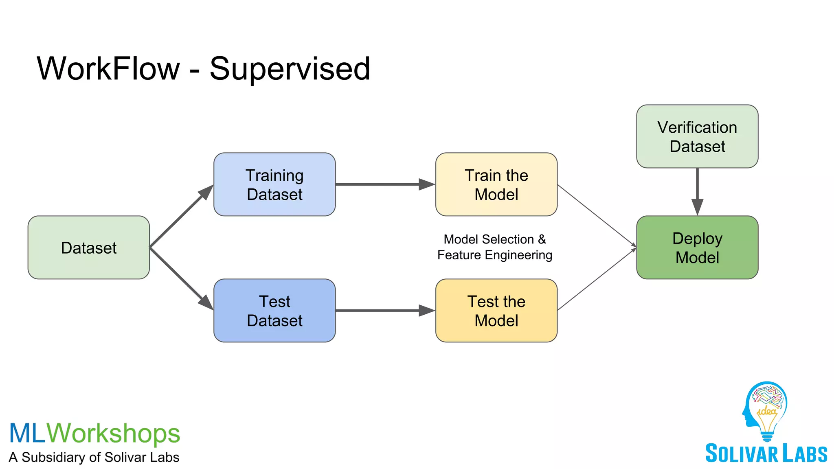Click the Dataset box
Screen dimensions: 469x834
point(88,248)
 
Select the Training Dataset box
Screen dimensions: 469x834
point(274,184)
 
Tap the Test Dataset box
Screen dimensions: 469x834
point(274,311)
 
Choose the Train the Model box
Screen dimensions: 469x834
point(496,184)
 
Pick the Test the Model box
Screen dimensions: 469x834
point(496,311)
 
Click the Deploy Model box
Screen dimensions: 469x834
point(697,248)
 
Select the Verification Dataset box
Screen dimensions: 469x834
point(697,136)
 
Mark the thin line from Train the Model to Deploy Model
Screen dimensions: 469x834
point(597,215)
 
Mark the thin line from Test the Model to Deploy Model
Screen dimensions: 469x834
point(597,279)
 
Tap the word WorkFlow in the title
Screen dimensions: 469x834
point(108,68)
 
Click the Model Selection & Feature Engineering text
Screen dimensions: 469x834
point(494,247)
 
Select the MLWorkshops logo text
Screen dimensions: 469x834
point(94,433)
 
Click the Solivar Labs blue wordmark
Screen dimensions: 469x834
point(766,454)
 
